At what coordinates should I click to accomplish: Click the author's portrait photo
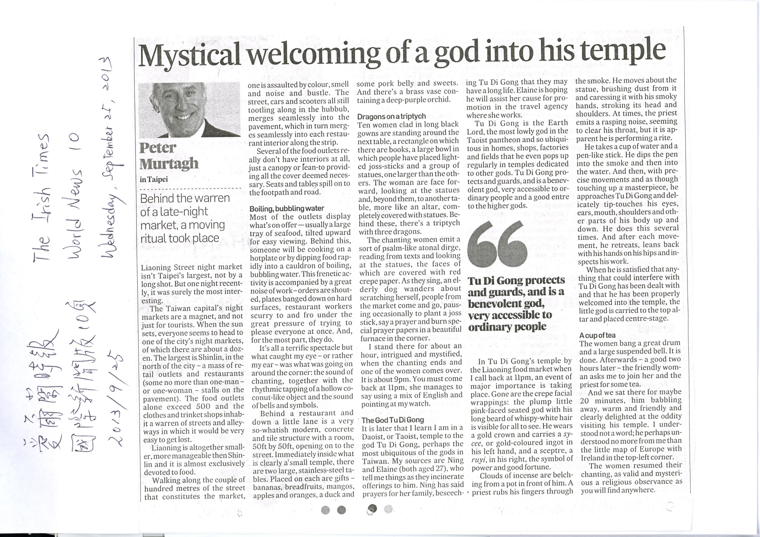coord(189,110)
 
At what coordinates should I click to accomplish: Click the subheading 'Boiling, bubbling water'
coord(286,208)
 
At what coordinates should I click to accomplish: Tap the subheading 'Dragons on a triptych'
coord(391,116)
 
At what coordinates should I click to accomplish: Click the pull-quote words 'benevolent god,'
coord(506,303)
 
